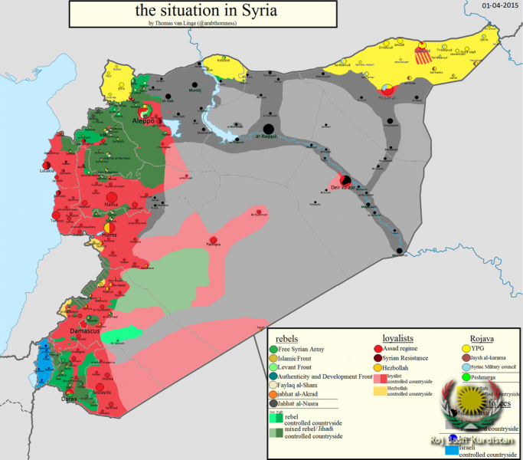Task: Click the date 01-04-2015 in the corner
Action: pyautogui.click(x=499, y=5)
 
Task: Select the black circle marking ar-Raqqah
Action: pyautogui.click(x=269, y=129)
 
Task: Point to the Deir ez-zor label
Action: pyautogui.click(x=344, y=185)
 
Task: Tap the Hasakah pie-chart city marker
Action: pyautogui.click(x=388, y=90)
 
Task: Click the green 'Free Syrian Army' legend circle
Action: pyautogui.click(x=275, y=350)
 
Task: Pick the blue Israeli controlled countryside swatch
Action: pyautogui.click(x=451, y=450)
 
